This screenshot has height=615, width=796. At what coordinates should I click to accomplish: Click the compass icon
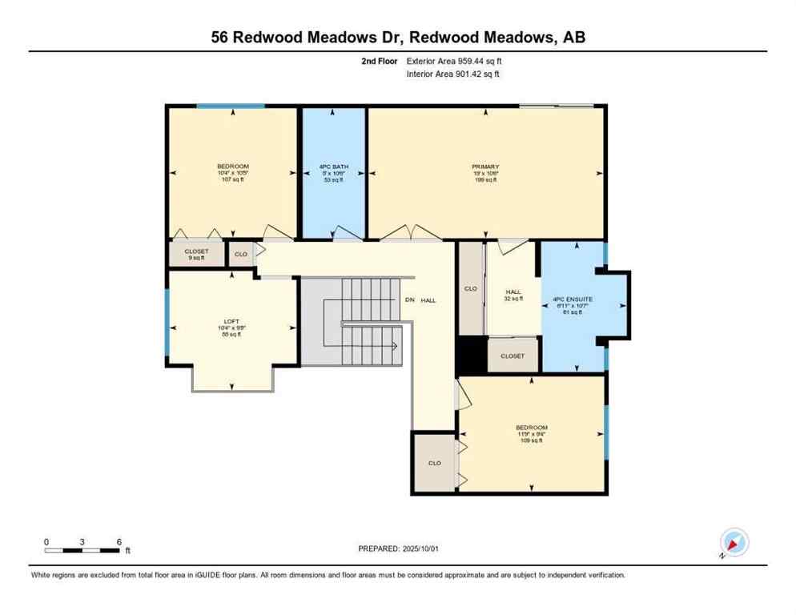[x=734, y=542]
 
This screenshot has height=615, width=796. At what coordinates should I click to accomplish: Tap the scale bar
[x=82, y=550]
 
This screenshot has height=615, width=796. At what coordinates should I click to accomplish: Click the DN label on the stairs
[x=410, y=300]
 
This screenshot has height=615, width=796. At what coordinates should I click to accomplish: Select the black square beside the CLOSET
[x=471, y=356]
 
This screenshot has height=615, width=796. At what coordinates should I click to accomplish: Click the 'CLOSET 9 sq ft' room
[x=196, y=254]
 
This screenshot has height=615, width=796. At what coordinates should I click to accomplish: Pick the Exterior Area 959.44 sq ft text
[x=454, y=61]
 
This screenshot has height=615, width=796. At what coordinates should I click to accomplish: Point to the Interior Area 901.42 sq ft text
[x=453, y=74]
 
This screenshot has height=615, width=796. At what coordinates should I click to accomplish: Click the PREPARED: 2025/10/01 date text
[x=398, y=549]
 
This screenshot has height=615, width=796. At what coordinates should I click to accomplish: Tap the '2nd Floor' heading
[x=380, y=61]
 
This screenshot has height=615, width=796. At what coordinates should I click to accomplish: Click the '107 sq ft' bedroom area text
[x=232, y=179]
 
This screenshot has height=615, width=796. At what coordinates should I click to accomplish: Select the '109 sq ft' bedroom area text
[x=532, y=440]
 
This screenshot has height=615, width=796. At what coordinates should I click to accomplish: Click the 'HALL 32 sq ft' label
[x=513, y=295]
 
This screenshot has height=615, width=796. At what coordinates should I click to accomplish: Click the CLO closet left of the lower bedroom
[x=434, y=462]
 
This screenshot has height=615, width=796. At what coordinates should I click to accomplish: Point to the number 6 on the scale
[x=119, y=542]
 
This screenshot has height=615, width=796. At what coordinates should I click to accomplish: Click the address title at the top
[x=398, y=37]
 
